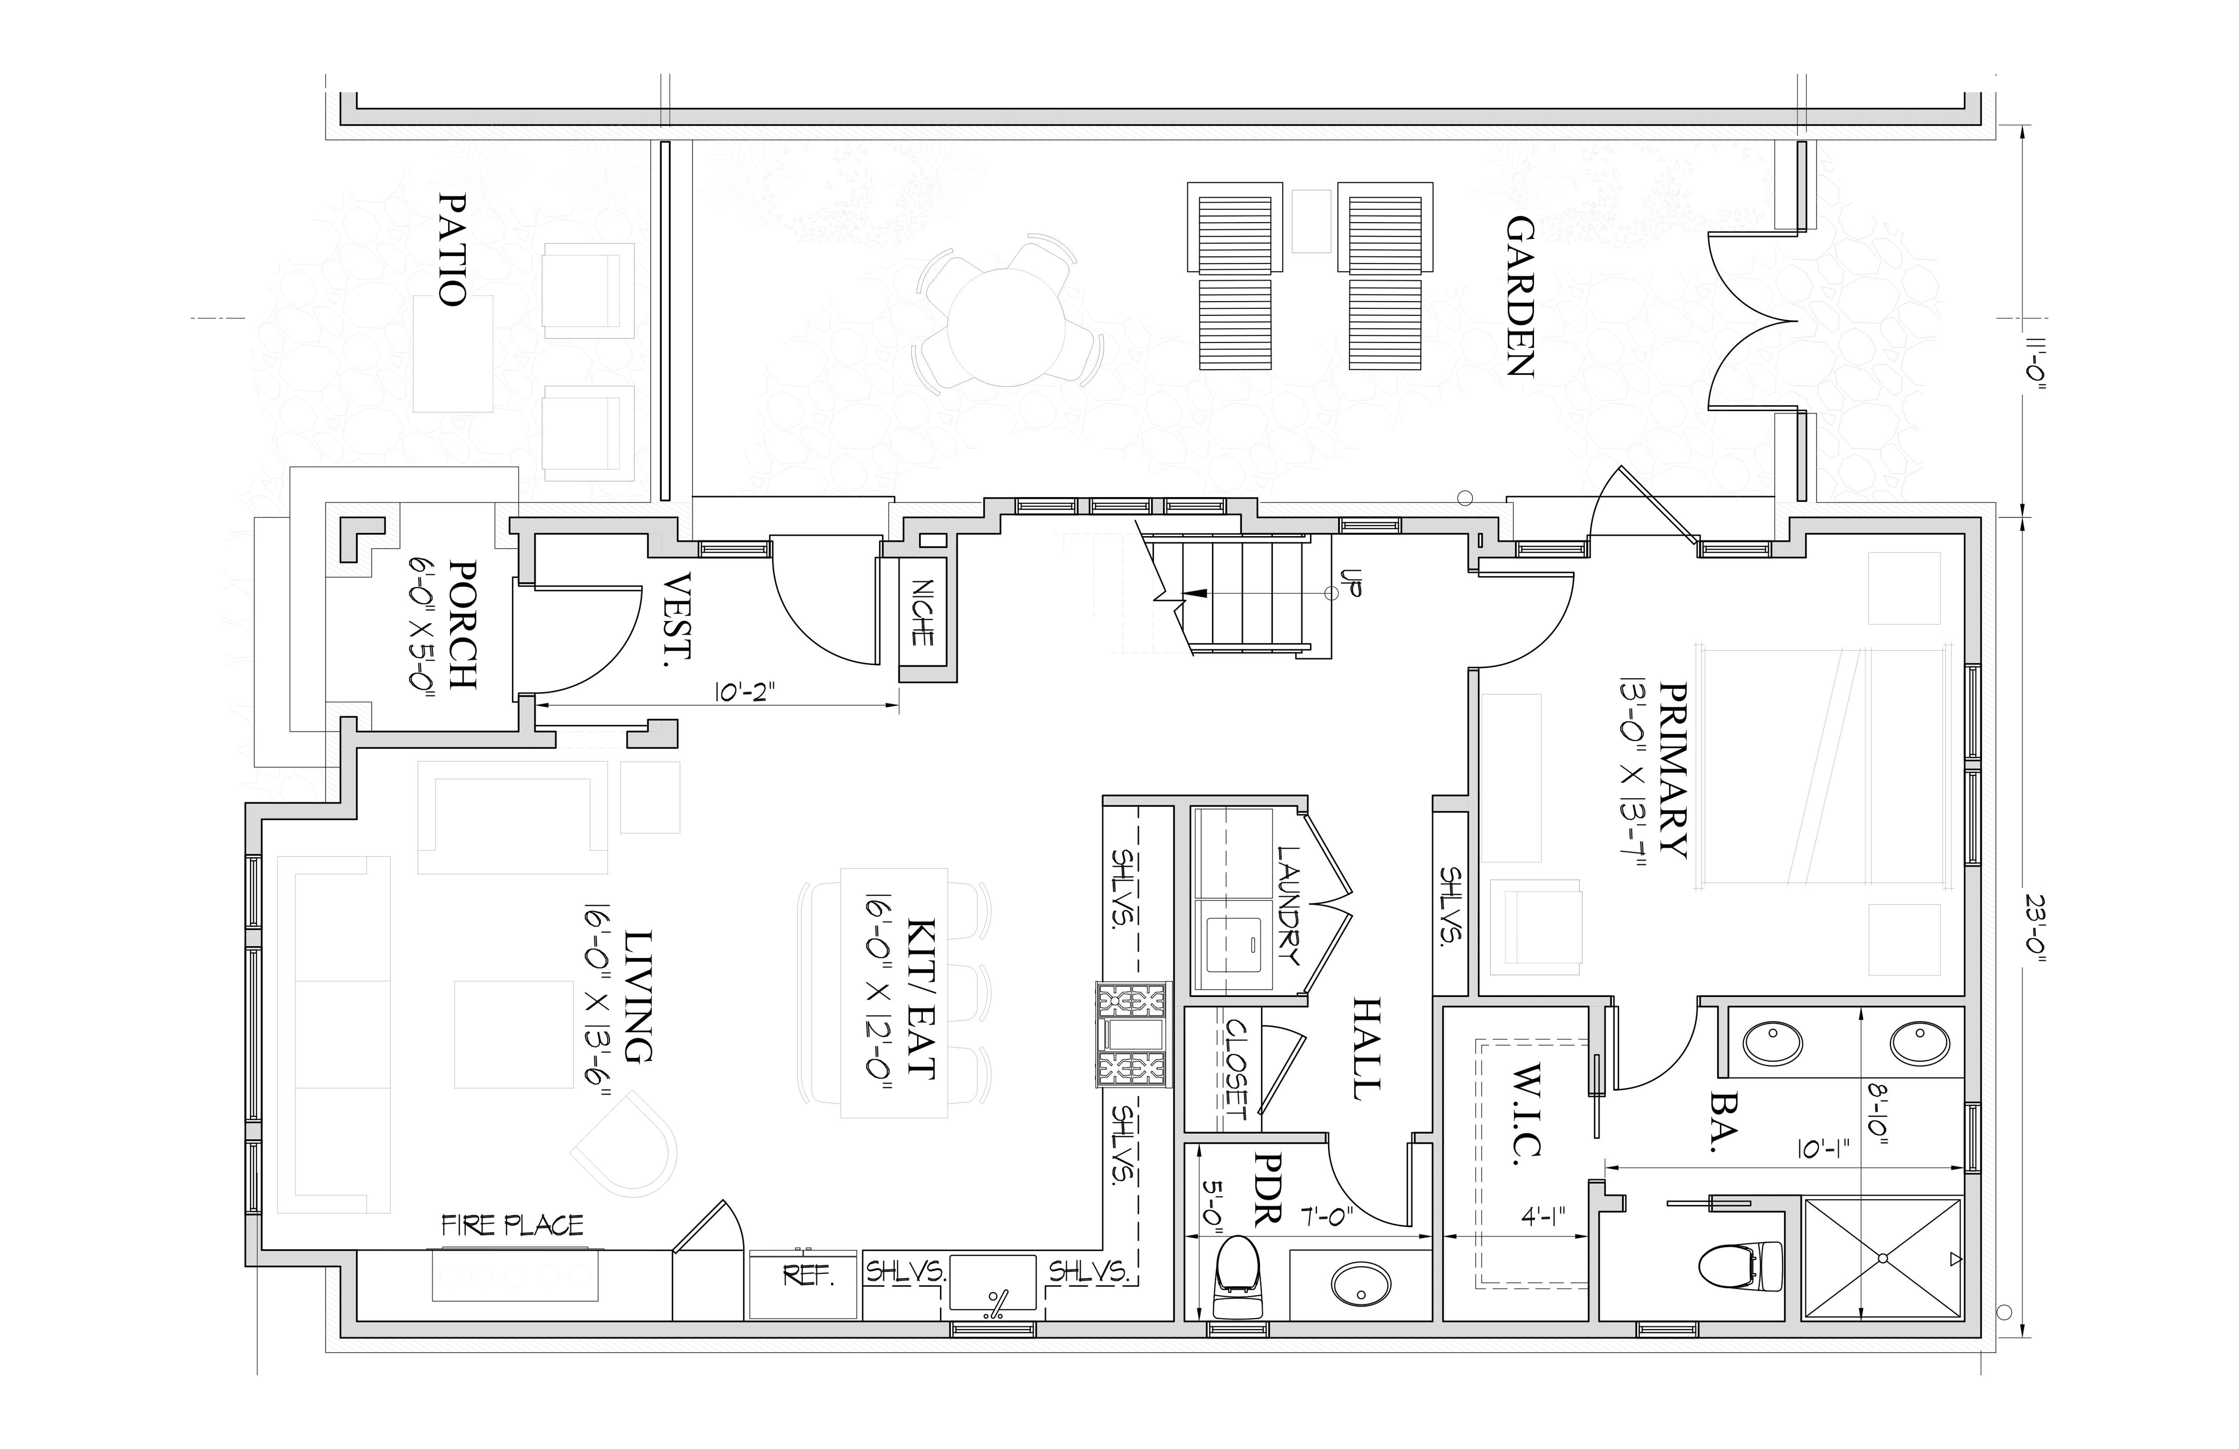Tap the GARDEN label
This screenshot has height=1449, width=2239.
coord(1520,296)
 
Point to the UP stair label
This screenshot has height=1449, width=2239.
coord(1352,584)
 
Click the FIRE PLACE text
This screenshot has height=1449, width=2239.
coord(513,1225)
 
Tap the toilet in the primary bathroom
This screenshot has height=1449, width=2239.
coord(1740,1265)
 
